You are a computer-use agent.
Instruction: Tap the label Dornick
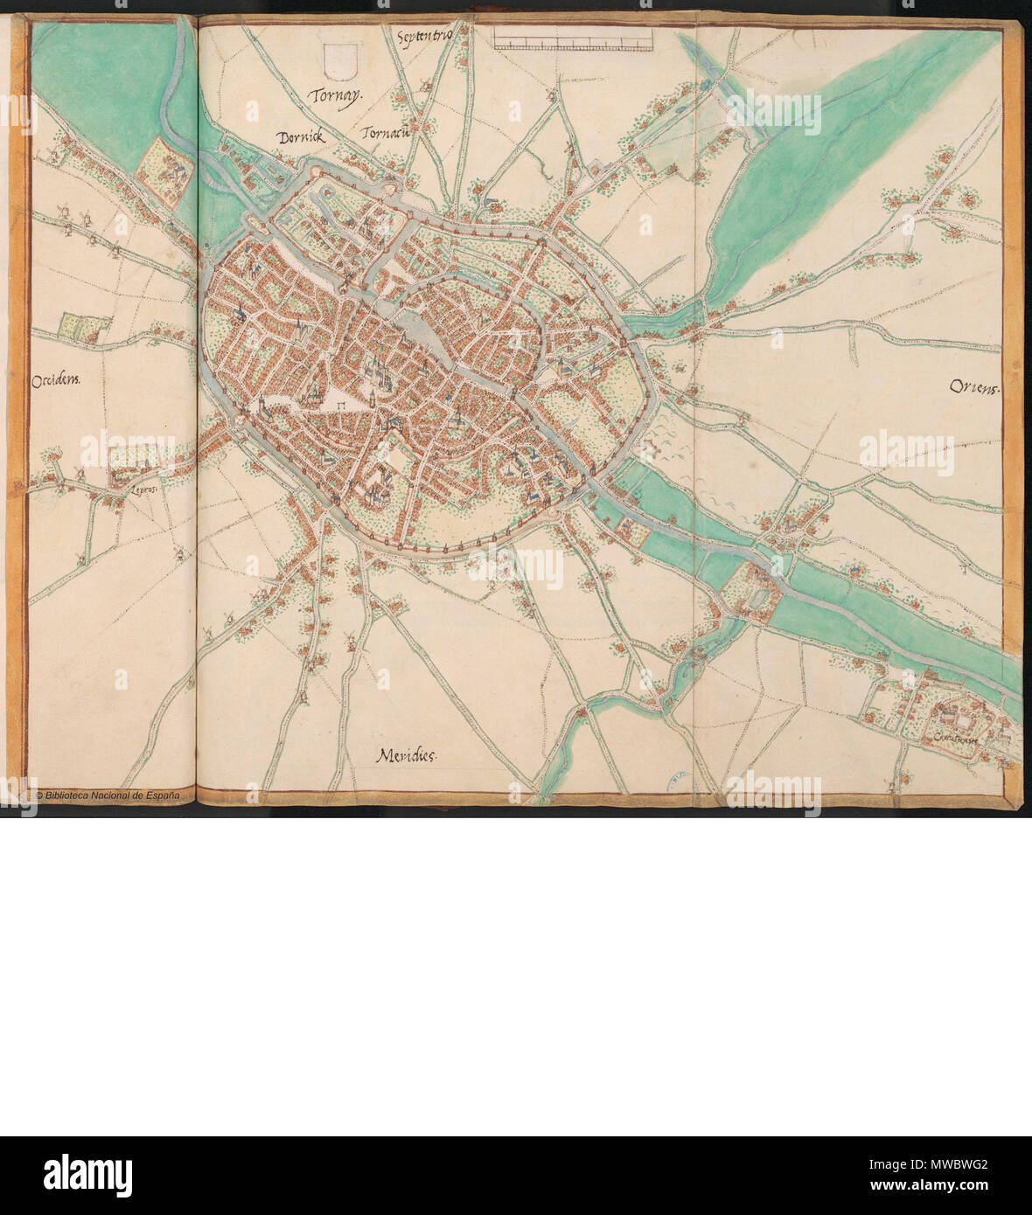[x=301, y=137]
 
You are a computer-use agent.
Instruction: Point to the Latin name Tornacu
[x=386, y=134]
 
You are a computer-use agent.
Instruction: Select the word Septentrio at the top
[x=424, y=38]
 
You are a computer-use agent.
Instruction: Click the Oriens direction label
[x=972, y=388]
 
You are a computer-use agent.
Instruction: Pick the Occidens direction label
[x=55, y=380]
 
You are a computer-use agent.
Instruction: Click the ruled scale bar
[x=573, y=38]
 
